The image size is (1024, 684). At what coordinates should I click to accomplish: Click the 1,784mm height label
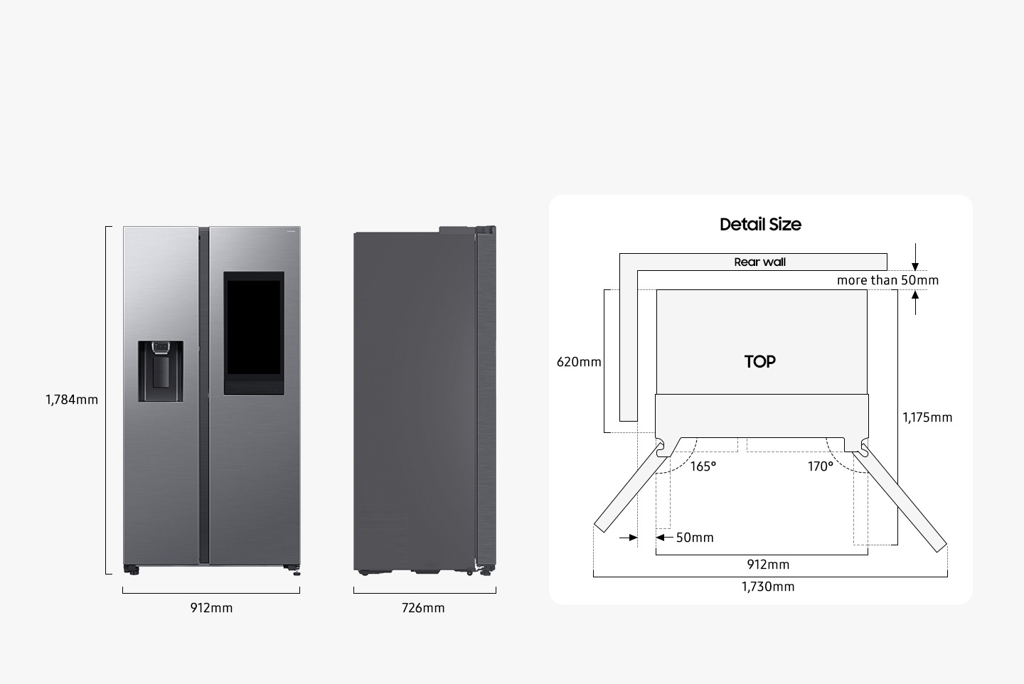pyautogui.click(x=72, y=400)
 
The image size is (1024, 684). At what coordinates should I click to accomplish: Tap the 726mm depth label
pyautogui.click(x=423, y=608)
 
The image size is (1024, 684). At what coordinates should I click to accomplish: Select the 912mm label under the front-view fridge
pyautogui.click(x=211, y=608)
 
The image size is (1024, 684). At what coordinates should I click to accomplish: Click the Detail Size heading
pyautogui.click(x=760, y=225)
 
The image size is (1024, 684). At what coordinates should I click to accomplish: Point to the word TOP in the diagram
pyautogui.click(x=760, y=362)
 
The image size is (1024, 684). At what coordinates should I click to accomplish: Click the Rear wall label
pyautogui.click(x=759, y=262)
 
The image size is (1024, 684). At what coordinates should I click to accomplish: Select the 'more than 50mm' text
pyautogui.click(x=887, y=280)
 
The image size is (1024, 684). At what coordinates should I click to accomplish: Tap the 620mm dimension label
pyautogui.click(x=579, y=362)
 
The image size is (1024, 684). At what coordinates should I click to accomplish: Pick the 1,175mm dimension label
pyautogui.click(x=927, y=417)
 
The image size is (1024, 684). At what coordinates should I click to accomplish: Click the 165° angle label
pyautogui.click(x=703, y=466)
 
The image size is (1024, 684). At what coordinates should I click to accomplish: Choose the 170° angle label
pyautogui.click(x=820, y=466)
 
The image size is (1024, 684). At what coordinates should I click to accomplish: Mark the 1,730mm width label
pyautogui.click(x=768, y=587)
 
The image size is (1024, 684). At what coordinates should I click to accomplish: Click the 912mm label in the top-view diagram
pyautogui.click(x=768, y=565)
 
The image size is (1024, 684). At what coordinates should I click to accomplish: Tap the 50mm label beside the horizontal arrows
pyautogui.click(x=695, y=538)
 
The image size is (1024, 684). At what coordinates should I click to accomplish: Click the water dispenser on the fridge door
pyautogui.click(x=160, y=370)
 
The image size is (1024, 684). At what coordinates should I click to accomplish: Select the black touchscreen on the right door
pyautogui.click(x=254, y=332)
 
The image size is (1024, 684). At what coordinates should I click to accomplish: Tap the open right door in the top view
pyautogui.click(x=903, y=498)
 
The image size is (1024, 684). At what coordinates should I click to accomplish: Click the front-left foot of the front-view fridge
pyautogui.click(x=131, y=570)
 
